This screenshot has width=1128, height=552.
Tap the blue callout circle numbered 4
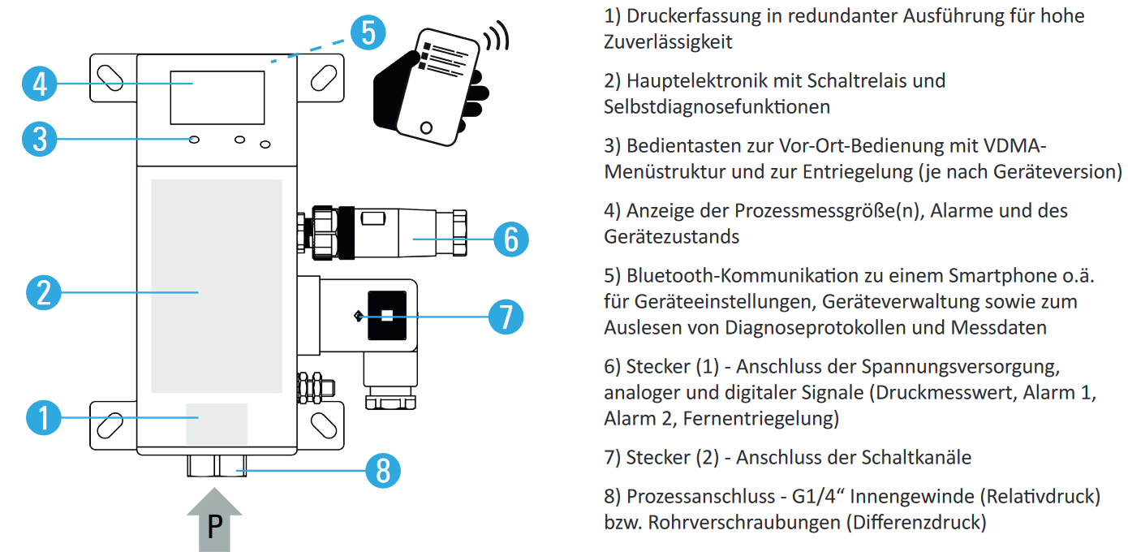pos(39,84)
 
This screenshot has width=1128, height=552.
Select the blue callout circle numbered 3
pos(39,139)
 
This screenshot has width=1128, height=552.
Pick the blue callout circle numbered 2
pos(44,291)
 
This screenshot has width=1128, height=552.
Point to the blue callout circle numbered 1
pos(44,418)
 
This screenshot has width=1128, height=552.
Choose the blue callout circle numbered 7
pos(506,315)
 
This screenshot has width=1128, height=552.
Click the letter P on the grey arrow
pos(214,528)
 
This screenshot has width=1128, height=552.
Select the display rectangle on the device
pos(217,97)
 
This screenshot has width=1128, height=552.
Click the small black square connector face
pos(387,315)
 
